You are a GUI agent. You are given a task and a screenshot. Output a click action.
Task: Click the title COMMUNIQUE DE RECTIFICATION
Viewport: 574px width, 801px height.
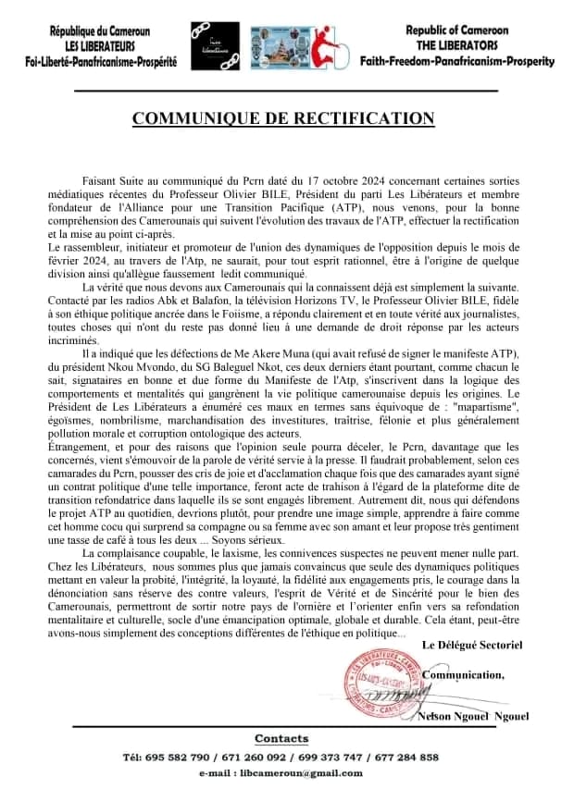coord(283,118)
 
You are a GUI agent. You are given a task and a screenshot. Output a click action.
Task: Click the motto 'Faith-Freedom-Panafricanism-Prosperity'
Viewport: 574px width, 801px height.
coord(457,61)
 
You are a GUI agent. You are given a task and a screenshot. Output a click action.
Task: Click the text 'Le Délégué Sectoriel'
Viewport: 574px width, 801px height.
coord(471,643)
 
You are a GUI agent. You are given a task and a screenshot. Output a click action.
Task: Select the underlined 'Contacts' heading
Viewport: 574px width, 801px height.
coord(281,739)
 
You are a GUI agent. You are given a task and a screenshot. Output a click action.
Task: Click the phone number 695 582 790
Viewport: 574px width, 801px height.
coord(167,758)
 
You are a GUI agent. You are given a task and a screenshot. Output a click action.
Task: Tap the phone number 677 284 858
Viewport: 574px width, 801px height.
coord(405,758)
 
